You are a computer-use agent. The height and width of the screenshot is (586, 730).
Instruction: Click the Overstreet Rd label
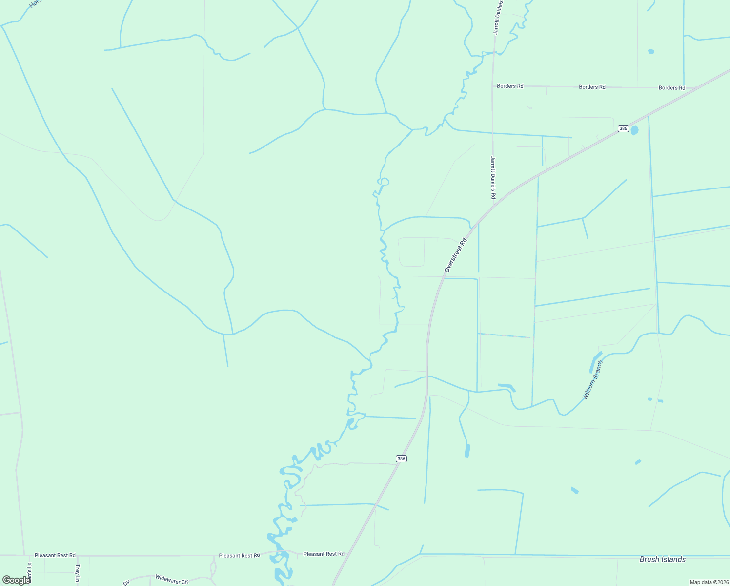(456, 255)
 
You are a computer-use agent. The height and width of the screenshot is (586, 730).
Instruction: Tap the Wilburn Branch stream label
(593, 380)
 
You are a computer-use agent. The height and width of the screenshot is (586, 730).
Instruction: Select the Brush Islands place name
(662, 559)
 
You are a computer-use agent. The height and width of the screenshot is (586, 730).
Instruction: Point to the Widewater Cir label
(171, 580)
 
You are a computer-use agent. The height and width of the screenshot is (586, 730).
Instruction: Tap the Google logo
(16, 580)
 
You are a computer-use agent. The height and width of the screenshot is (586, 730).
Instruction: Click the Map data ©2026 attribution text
(709, 582)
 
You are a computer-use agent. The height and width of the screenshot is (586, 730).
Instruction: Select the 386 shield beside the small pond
(623, 128)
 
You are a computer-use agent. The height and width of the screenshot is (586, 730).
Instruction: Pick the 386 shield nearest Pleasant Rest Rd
(401, 459)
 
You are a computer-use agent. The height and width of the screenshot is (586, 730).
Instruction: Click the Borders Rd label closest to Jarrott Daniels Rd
(510, 86)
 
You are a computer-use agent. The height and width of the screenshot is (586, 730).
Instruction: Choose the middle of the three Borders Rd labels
(592, 87)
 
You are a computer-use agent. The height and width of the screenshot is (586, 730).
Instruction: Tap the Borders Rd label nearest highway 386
(671, 88)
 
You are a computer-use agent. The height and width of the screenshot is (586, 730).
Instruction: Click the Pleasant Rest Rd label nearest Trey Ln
(55, 555)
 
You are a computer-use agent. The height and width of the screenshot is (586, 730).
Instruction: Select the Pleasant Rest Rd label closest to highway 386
(324, 554)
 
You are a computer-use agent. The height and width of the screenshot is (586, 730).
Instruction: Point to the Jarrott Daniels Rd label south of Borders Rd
(493, 177)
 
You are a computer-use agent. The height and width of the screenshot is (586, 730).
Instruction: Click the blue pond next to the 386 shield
(634, 130)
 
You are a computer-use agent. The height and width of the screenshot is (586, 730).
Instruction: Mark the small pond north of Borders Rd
(650, 51)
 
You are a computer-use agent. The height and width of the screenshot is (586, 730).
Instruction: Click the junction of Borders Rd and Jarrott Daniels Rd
(493, 86)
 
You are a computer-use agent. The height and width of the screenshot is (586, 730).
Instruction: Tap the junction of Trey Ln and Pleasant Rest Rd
(77, 555)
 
